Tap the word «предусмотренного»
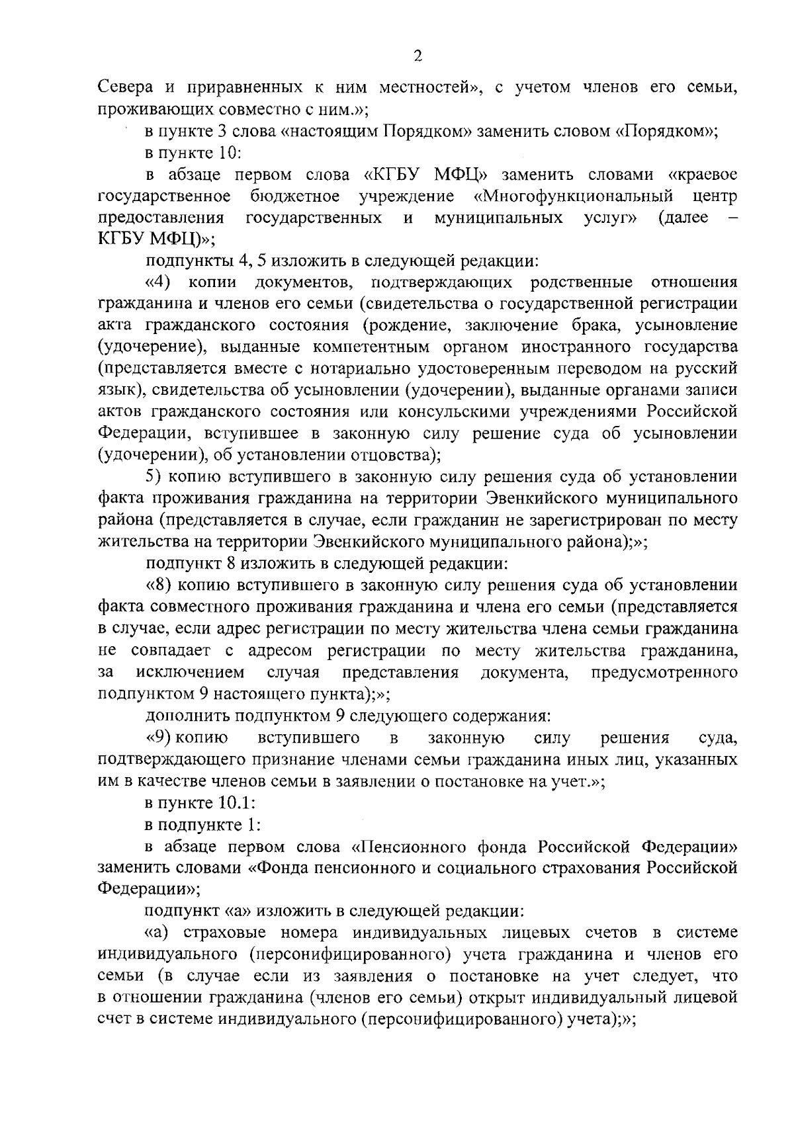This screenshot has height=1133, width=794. tap(664, 673)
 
